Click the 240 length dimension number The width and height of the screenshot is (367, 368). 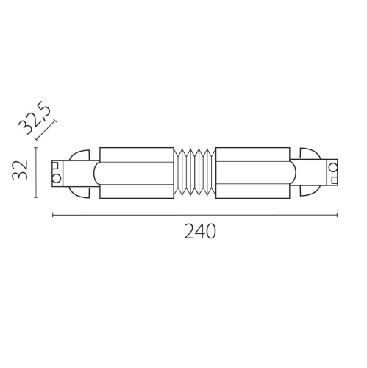pos(199,232)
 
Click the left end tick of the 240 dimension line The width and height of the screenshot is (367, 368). pos(53,215)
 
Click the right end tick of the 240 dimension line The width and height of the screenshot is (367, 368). pos(337,215)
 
